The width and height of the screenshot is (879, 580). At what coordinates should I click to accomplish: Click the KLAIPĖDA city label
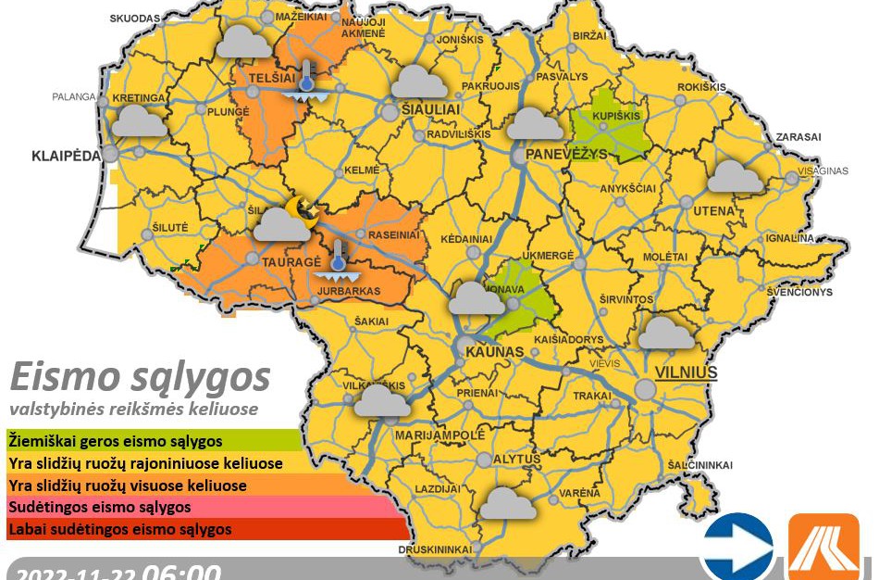point(66,156)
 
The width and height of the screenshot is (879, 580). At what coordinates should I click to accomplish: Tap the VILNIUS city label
point(686,372)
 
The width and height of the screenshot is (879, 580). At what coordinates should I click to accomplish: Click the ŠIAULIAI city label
point(428,109)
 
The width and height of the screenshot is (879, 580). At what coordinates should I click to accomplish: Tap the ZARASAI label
point(799,136)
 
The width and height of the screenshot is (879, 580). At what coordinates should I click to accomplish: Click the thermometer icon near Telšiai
point(305,80)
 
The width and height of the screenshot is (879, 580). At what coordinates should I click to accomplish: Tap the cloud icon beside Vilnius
point(666,333)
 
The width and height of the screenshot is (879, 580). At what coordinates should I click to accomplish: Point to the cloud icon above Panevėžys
point(535,123)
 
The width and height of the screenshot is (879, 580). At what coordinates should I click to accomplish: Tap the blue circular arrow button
point(737,547)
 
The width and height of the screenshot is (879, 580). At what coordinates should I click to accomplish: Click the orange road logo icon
point(823,547)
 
